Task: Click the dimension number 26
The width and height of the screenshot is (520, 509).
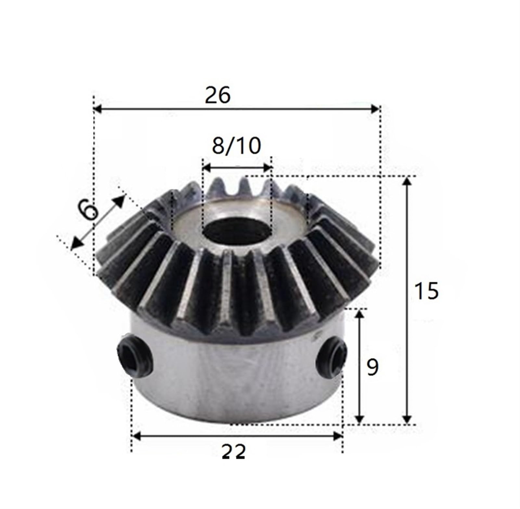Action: [x=217, y=96]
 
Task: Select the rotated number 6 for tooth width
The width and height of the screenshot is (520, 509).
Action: [x=88, y=211]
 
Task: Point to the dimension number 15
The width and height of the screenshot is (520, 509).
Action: [x=426, y=291]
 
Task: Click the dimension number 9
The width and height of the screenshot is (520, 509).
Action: [x=372, y=367]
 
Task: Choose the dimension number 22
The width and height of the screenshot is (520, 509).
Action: [x=234, y=452]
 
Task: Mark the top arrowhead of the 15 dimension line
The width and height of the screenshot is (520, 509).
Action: [x=407, y=181]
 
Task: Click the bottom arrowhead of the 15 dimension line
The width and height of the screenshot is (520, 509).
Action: [x=407, y=420]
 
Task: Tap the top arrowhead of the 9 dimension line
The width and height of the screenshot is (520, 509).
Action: [x=359, y=314]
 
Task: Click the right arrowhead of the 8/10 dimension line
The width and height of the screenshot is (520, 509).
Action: [x=268, y=168]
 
